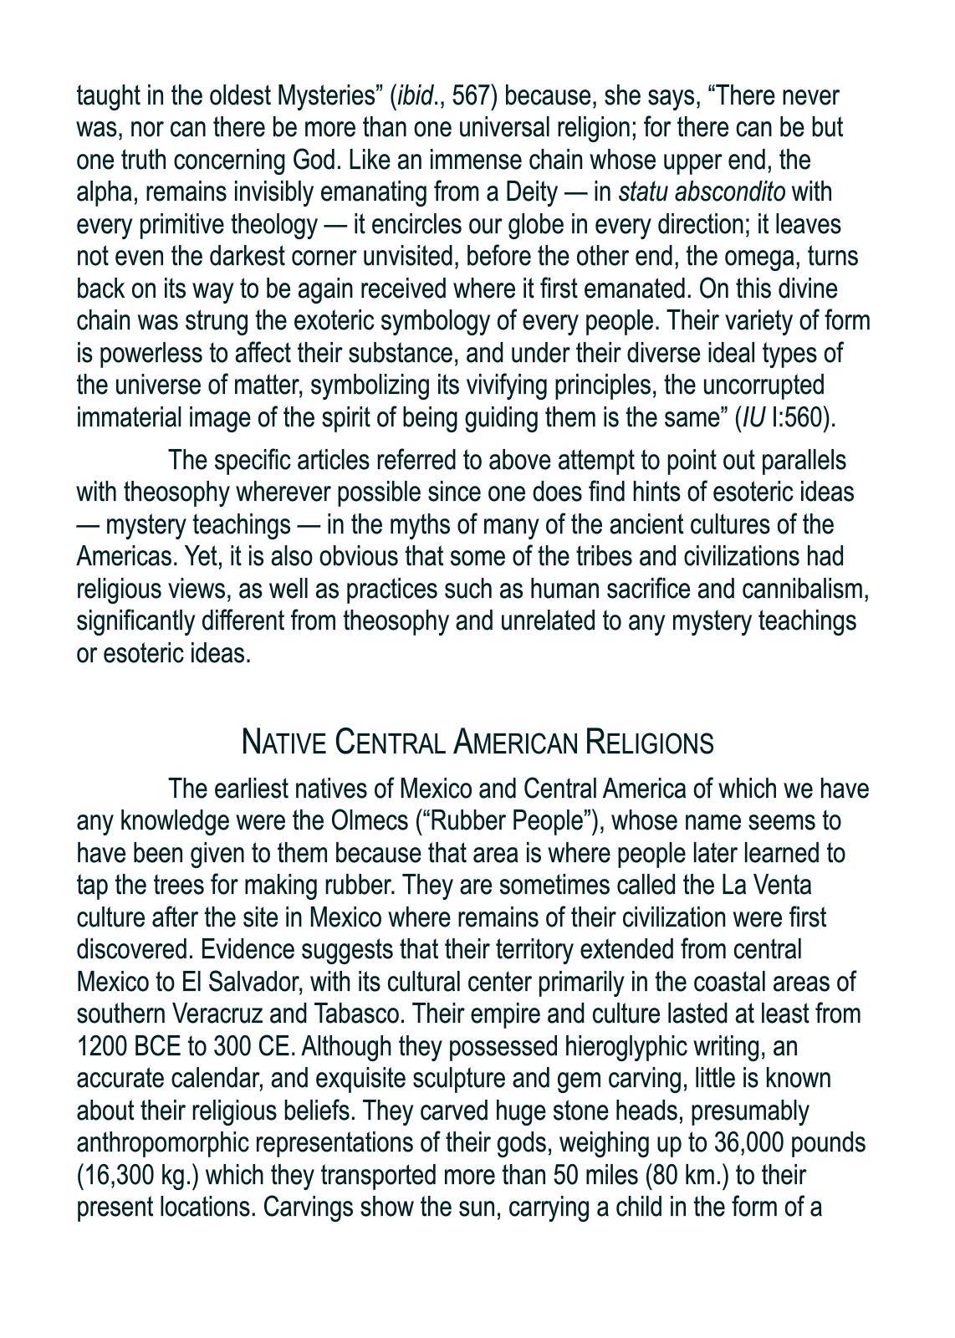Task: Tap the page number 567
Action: (475, 96)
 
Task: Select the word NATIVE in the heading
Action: (283, 743)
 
